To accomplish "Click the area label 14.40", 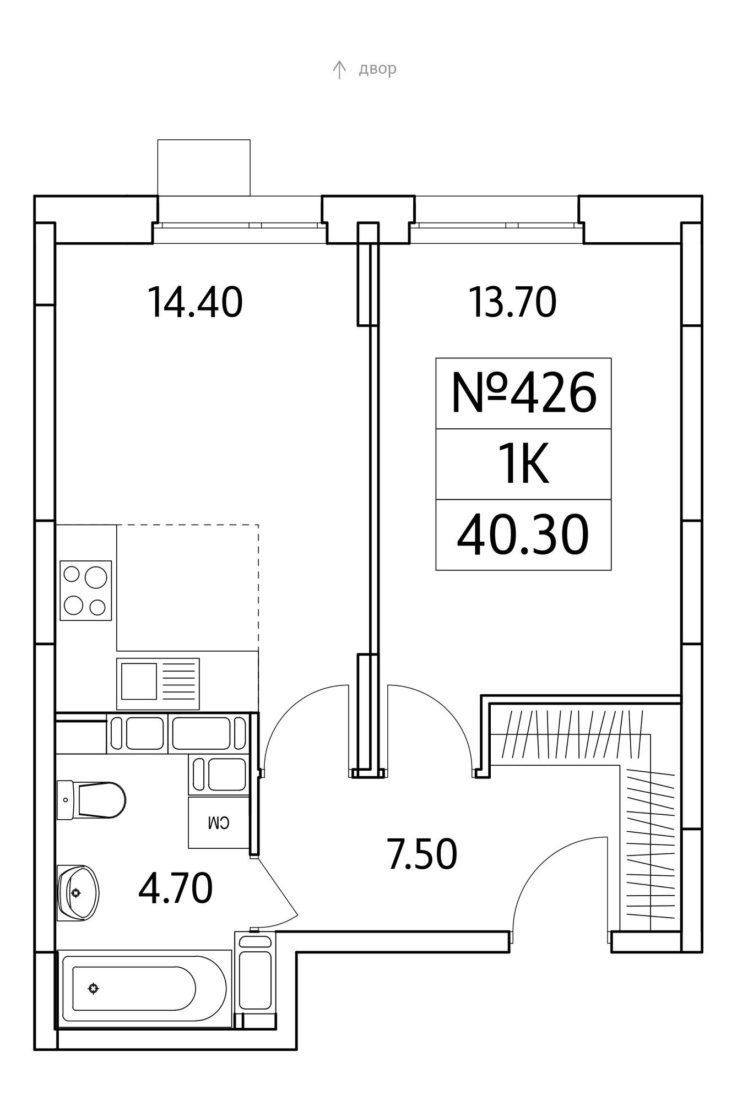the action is [195, 303].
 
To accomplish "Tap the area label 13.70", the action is [512, 303].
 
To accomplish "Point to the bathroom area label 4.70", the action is [176, 889].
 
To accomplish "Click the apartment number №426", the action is [524, 393].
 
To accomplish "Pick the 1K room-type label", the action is [524, 465].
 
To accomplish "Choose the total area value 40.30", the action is [523, 535].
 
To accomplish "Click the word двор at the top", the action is [377, 69].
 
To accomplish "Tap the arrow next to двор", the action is [339, 69].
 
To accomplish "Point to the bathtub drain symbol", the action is [94, 989].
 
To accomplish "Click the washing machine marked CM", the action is [218, 822].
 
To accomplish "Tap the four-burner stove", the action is [86, 591].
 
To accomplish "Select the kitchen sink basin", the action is [139, 682].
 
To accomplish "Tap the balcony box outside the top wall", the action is [204, 167].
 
